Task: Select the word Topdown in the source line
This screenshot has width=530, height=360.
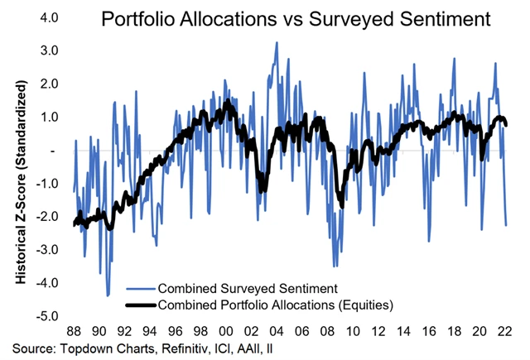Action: click(x=83, y=348)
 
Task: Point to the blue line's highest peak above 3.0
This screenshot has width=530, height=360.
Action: click(x=276, y=42)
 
